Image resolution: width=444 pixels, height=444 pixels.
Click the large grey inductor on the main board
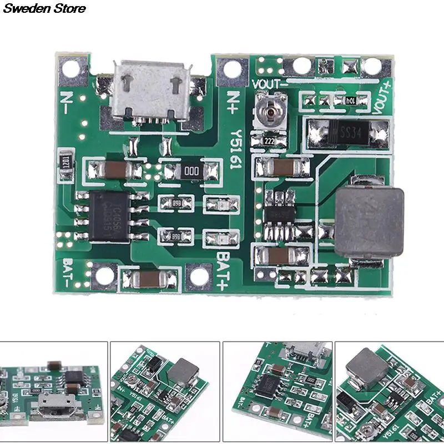pos(369,218)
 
